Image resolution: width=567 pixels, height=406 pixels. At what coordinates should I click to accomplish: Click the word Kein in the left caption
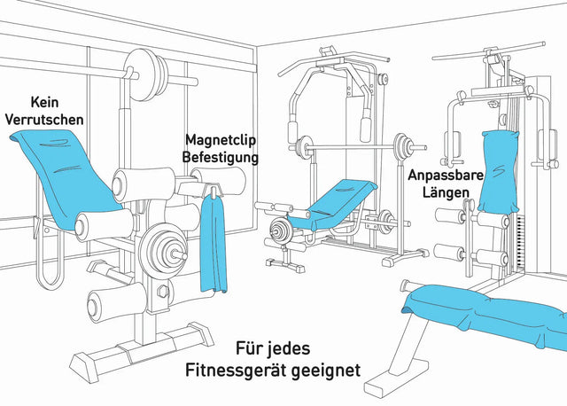[45, 103]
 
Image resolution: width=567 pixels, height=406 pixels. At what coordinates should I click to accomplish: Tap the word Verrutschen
[45, 119]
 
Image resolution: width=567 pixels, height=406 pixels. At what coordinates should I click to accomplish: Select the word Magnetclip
[221, 140]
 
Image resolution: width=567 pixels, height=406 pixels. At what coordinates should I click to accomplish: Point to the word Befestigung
[221, 157]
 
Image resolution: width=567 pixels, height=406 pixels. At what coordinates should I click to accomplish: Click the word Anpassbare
[445, 176]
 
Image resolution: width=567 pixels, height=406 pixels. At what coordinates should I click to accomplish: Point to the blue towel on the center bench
[341, 199]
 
